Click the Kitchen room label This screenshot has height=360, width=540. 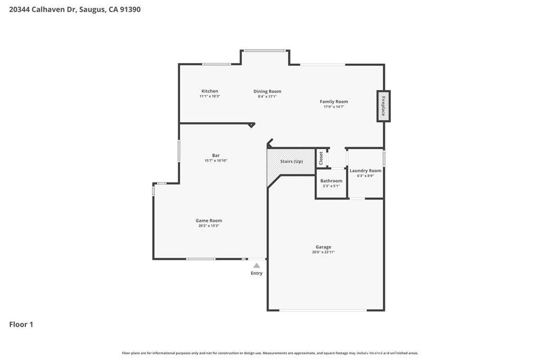click(209, 91)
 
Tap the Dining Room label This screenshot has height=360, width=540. click(267, 91)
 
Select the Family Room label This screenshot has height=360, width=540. click(334, 102)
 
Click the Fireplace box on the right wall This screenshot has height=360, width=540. click(383, 106)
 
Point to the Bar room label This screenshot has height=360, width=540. click(216, 155)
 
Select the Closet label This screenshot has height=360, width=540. click(321, 158)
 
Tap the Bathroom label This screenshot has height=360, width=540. click(331, 181)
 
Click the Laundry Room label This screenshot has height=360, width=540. click(365, 171)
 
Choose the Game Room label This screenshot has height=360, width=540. click(208, 221)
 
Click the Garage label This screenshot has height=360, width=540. click(323, 247)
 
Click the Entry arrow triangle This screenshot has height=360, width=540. click(256, 266)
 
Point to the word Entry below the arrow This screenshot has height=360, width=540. click(256, 273)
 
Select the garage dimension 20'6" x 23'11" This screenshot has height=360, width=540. click(323, 252)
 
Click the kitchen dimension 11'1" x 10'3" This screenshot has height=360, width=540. click(209, 96)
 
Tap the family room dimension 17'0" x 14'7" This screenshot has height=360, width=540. click(334, 107)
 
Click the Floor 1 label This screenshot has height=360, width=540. click(21, 325)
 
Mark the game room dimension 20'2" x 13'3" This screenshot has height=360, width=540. click(208, 226)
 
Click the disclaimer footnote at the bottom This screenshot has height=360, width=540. click(270, 353)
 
